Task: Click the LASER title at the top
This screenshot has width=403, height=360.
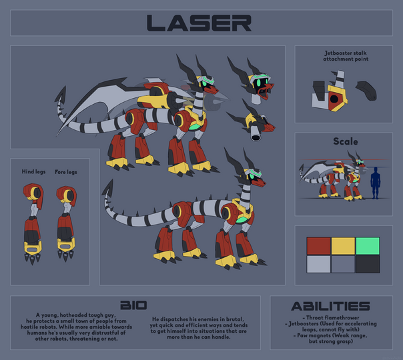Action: click(199, 23)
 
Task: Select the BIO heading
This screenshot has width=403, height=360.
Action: click(133, 305)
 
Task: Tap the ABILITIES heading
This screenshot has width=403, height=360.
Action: click(330, 307)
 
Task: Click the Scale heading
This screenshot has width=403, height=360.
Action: click(346, 141)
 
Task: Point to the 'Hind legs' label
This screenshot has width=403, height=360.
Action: click(33, 171)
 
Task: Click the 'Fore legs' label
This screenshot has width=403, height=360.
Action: click(66, 172)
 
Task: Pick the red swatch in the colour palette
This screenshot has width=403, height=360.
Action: click(318, 246)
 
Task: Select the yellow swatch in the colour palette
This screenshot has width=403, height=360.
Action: click(343, 246)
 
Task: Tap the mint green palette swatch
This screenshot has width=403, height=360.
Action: click(368, 246)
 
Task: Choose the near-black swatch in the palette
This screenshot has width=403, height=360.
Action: click(368, 264)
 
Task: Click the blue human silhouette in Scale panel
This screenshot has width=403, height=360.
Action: click(375, 183)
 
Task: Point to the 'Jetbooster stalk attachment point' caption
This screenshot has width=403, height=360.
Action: click(346, 56)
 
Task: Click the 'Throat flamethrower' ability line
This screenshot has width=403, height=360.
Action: click(331, 317)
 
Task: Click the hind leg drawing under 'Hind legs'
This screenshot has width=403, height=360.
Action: click(33, 223)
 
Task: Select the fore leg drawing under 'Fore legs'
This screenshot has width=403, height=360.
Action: click(66, 223)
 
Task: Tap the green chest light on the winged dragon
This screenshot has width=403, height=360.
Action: click(194, 127)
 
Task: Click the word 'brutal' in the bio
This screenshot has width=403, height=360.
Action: click(235, 319)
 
